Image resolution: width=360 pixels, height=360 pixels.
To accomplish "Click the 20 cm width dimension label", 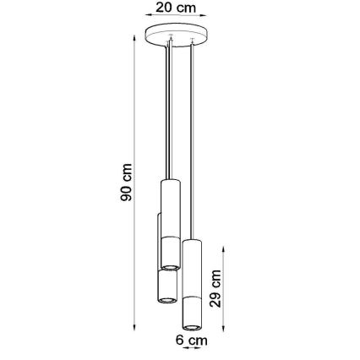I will point(177,8).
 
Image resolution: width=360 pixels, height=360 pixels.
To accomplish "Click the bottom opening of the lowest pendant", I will point(192,326).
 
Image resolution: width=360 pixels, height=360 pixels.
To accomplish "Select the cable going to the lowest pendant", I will point(193,144).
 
